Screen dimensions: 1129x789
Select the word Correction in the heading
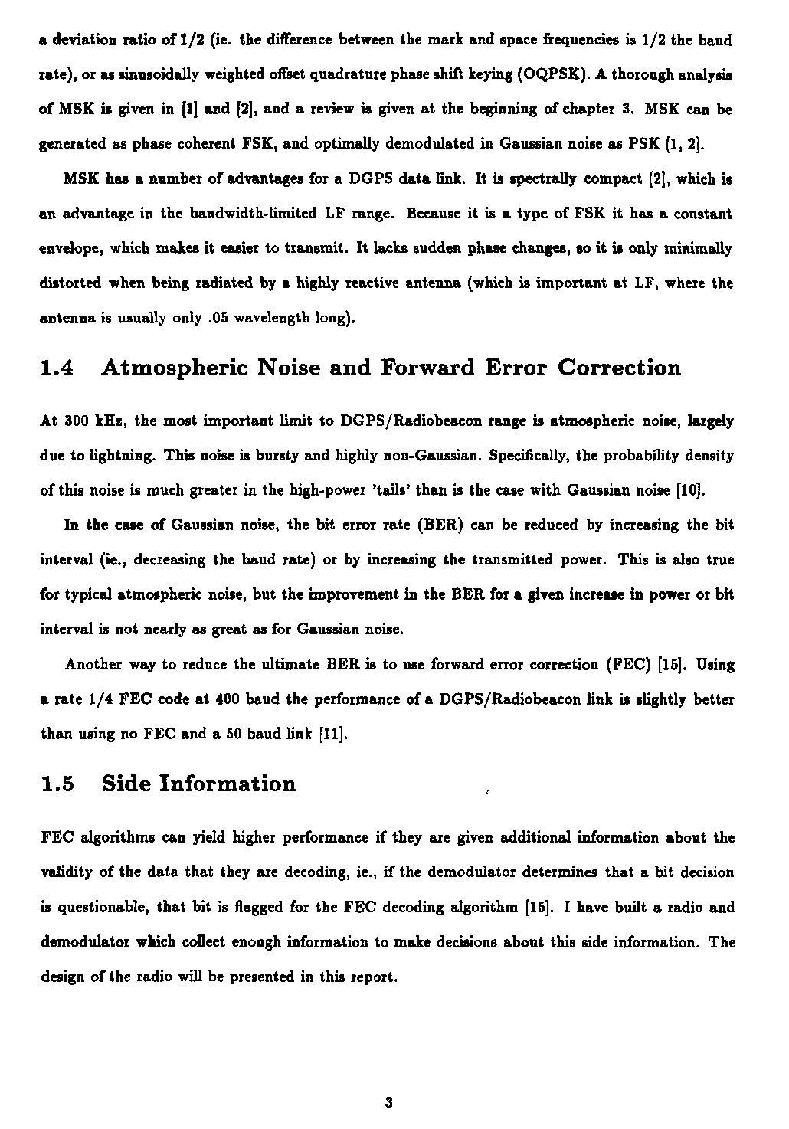point(619,368)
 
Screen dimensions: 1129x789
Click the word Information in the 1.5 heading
point(228,784)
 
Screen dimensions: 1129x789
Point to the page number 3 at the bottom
point(389,1103)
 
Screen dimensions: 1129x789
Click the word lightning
point(105,457)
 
